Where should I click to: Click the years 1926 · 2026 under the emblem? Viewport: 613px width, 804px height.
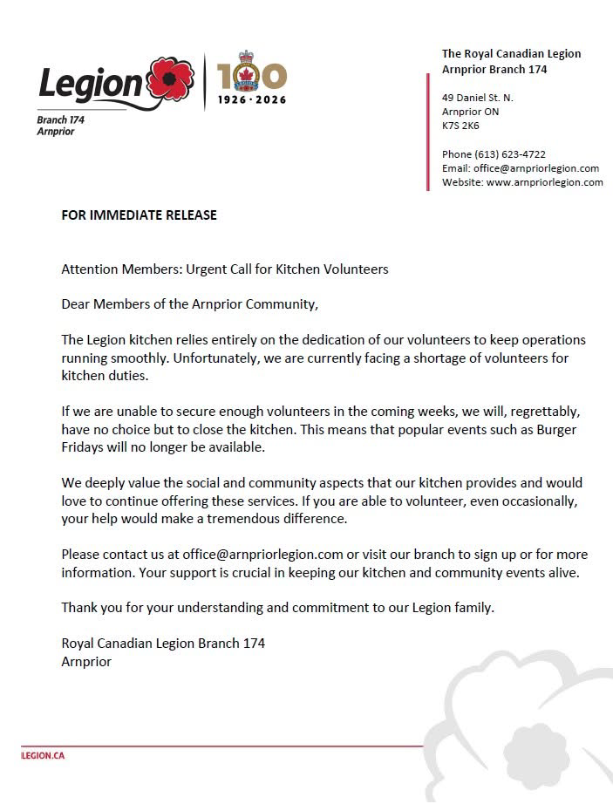click(252, 101)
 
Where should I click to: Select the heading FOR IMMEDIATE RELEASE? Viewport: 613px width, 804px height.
click(139, 215)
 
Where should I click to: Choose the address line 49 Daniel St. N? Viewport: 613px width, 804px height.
click(477, 98)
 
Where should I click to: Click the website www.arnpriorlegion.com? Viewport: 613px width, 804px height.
click(545, 182)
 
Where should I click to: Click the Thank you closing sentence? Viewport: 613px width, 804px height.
click(277, 607)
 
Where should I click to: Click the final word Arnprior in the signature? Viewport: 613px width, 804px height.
click(86, 661)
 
